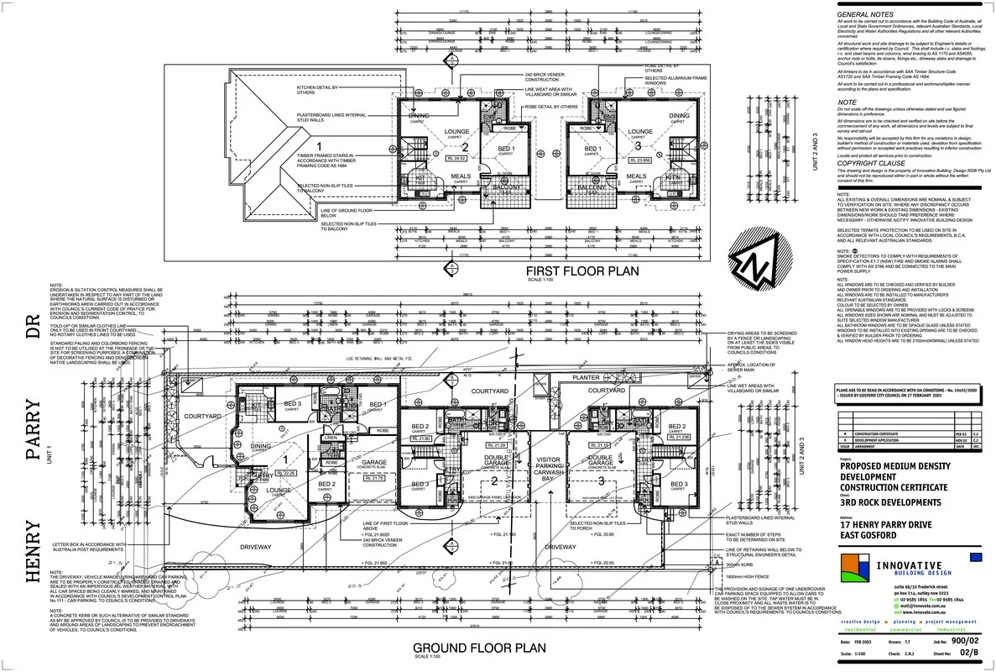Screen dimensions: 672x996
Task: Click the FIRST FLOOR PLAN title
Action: coord(581,271)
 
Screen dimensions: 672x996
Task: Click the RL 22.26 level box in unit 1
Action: coord(288,474)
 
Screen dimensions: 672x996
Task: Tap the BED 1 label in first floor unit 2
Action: coord(506,149)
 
